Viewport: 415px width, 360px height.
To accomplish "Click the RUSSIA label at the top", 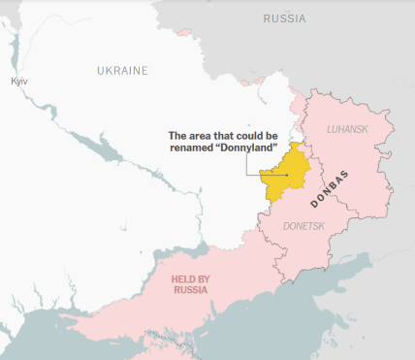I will [284, 18].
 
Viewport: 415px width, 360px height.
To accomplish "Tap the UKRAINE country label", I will [122, 71].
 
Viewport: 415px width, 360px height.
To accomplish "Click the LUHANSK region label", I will [347, 129].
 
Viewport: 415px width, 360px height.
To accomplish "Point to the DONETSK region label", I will [304, 225].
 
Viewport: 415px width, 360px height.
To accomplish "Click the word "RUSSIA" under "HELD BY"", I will [190, 290].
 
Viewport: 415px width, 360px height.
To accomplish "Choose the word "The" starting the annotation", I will [178, 135].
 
